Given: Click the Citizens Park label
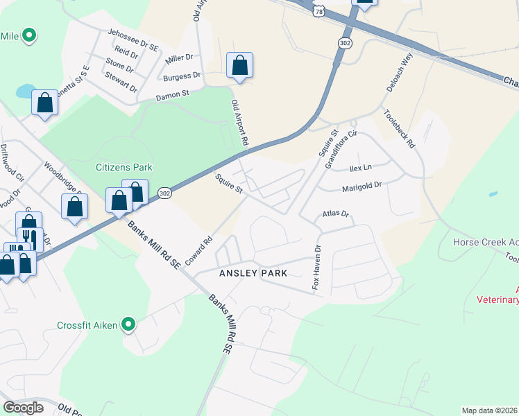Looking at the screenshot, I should [x=124, y=167].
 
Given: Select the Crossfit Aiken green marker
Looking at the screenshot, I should [x=128, y=324].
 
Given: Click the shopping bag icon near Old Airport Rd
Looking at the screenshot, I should [x=239, y=66].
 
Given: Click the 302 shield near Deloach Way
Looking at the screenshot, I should [x=345, y=43].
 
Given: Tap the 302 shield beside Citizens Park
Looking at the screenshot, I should [x=164, y=192].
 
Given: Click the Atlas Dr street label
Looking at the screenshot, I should [x=334, y=214].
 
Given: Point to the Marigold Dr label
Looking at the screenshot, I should [x=362, y=187].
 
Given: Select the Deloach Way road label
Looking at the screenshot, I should [x=399, y=71].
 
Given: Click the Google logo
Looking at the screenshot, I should [x=24, y=408].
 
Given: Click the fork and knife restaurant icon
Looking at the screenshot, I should [x=30, y=238].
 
